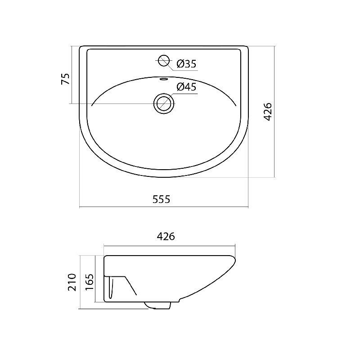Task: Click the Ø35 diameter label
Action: coord(187,63)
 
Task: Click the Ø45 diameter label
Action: coord(187,87)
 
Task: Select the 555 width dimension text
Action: coord(162,199)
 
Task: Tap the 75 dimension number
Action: coord(65,79)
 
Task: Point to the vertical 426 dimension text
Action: coord(267,112)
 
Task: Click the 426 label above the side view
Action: coord(166,237)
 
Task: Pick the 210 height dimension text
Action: coord(72,282)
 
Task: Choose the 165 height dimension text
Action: coord(90,282)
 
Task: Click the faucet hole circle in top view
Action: coord(164,61)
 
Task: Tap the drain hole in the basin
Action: coord(164,103)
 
